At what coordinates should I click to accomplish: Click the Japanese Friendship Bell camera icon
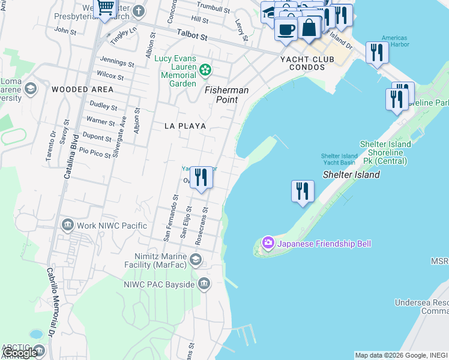coord(268,243)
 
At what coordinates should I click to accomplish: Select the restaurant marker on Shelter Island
coord(303,191)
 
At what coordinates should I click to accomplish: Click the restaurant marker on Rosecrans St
coord(201,178)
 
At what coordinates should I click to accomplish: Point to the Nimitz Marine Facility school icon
coord(195,259)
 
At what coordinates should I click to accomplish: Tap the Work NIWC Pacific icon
coord(67,226)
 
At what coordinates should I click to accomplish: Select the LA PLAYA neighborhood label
coord(185,126)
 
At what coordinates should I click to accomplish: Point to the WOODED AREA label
coord(82,89)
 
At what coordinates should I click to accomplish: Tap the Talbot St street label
coord(191,37)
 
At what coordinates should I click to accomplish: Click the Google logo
coord(19,353)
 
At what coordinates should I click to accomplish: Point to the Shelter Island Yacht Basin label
coord(339,159)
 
